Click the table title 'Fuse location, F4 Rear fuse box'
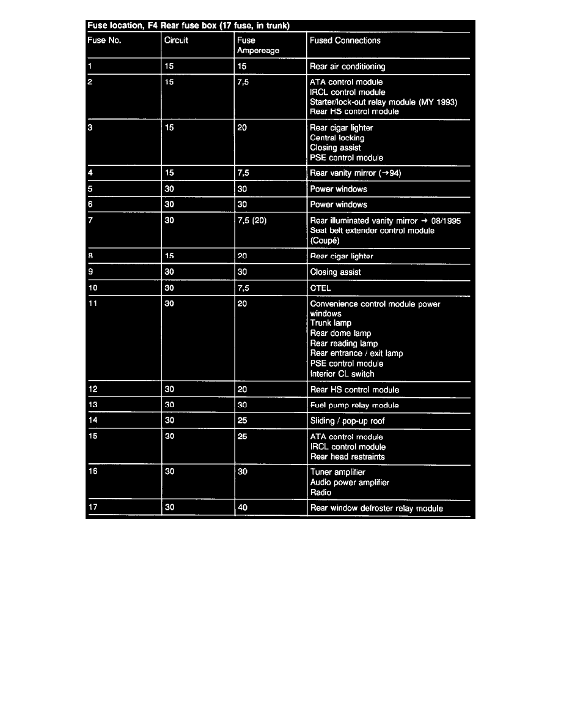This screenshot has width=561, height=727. click(x=188, y=26)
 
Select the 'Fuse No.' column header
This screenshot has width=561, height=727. click(x=105, y=41)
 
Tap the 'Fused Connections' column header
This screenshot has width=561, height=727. click(x=345, y=41)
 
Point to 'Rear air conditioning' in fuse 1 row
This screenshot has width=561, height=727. click(x=347, y=67)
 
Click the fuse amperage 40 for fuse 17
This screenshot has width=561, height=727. click(x=243, y=508)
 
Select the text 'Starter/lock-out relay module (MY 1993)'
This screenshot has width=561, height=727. click(x=383, y=102)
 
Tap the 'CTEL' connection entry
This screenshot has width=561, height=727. click(x=320, y=288)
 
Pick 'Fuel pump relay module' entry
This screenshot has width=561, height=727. click(x=354, y=405)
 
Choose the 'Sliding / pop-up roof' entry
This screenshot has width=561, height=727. click(x=347, y=421)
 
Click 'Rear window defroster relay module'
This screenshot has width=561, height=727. click(x=376, y=508)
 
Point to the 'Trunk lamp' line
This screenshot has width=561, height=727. click(x=331, y=323)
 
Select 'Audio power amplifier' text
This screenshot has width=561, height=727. click(x=350, y=482)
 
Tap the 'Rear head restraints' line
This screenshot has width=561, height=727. click(x=347, y=457)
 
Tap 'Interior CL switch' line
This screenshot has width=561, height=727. click(x=342, y=374)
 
